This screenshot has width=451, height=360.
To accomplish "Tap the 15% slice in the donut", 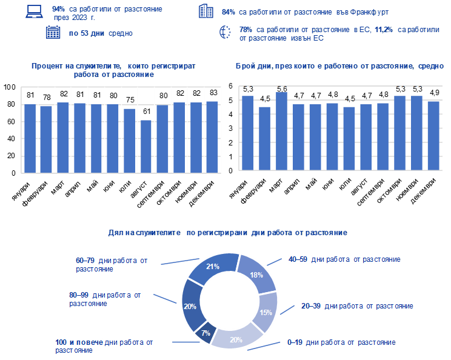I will pyautogui.click(x=265, y=312).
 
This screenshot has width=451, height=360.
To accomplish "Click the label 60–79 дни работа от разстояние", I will pyautogui.click(x=112, y=264).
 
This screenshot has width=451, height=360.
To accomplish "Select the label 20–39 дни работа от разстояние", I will pyautogui.click(x=357, y=306).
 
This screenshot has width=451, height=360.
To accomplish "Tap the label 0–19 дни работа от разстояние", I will pyautogui.click(x=341, y=342).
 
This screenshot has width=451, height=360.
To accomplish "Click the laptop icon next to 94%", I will pyautogui.click(x=34, y=12).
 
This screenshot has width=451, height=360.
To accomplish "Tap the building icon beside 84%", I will pyautogui.click(x=206, y=11).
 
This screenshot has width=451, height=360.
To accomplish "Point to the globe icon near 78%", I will pyautogui.click(x=225, y=33).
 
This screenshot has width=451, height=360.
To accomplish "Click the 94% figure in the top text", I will pyautogui.click(x=59, y=10).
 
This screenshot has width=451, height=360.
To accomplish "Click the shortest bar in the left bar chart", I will pyautogui.click(x=145, y=146).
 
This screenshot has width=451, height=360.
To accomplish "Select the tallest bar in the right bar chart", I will pyautogui.click(x=281, y=131).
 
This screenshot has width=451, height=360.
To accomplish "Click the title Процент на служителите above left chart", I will pyautogui.click(x=113, y=69).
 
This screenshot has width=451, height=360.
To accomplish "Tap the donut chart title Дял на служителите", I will pyautogui.click(x=227, y=233).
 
